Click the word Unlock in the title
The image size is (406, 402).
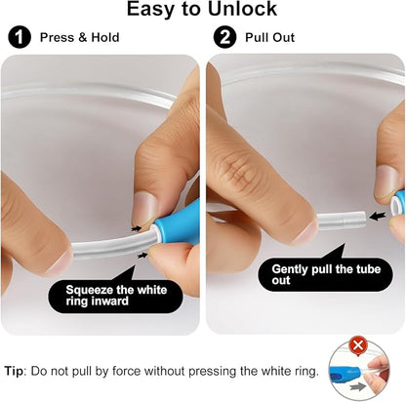242,9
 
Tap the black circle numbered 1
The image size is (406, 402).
20,37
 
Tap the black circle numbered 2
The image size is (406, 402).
224,37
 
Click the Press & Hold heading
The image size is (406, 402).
79,37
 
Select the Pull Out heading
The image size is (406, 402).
269,37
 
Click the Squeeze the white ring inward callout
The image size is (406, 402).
115,296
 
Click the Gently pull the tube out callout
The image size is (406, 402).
325,274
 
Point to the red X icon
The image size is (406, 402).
358,345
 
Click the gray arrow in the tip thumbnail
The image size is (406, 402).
357,386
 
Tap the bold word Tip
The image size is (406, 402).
15,371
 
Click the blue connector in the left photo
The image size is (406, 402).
179,222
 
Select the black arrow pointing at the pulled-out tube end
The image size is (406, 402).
378,216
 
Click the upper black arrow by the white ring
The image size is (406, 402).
137,228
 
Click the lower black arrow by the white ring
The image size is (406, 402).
142,256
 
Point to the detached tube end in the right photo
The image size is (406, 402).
341,221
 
